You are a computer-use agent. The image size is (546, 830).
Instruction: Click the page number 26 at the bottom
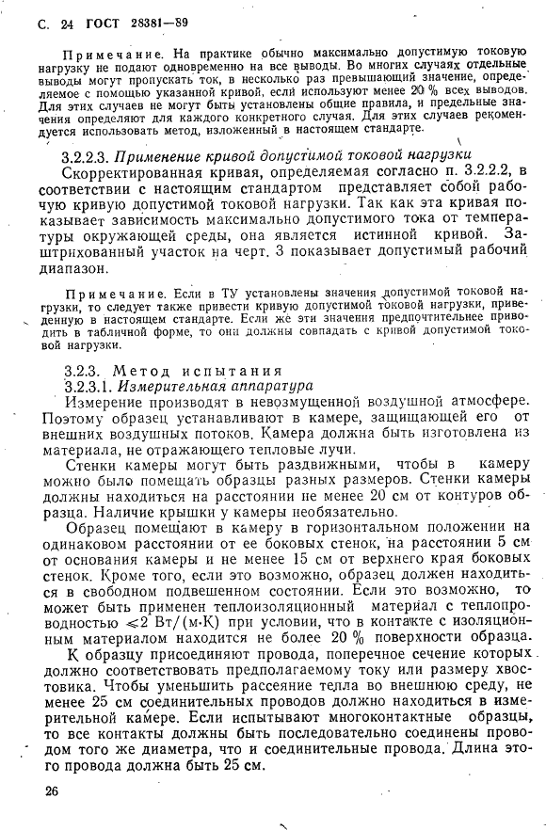pyautogui.click(x=52, y=791)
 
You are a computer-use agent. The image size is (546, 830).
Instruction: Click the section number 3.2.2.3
pyautogui.click(x=90, y=155)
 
